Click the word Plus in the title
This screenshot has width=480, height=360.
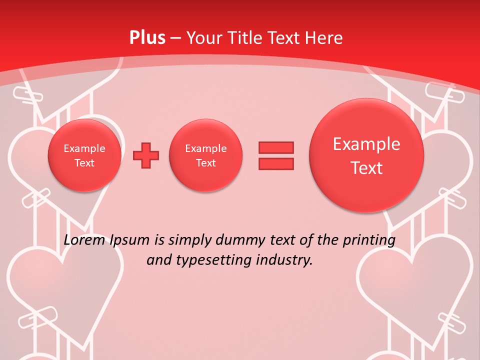tap(147, 38)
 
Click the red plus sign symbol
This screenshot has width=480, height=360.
tap(146, 155)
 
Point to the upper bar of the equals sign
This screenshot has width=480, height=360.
tap(276, 147)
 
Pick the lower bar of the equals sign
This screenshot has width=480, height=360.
tap(276, 163)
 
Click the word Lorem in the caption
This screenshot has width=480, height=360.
tap(84, 240)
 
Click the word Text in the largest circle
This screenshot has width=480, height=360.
tap(366, 168)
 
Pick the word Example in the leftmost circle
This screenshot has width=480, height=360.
tap(84, 148)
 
